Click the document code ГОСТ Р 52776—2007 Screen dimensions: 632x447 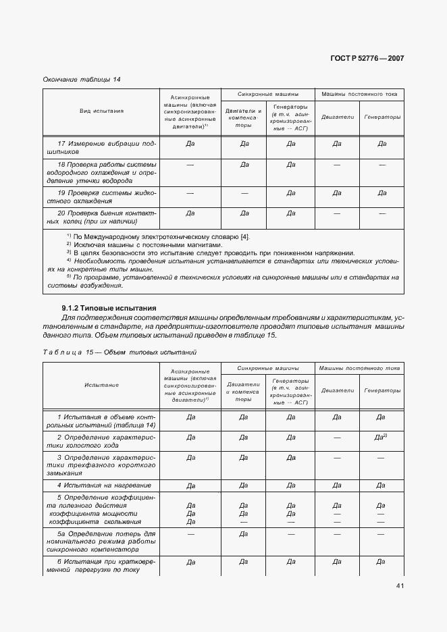tap(367, 58)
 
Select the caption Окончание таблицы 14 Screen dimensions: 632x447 tap(81, 80)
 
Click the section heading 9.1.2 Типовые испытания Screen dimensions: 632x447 tap(109, 308)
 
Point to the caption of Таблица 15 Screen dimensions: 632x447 tap(120, 352)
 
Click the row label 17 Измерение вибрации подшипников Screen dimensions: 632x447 tap(101, 147)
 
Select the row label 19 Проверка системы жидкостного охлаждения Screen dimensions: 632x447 tap(101, 196)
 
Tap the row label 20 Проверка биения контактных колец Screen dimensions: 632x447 tap(101, 217)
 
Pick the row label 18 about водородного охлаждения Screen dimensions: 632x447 tap(101, 172)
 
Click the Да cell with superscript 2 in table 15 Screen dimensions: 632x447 tap(380, 438)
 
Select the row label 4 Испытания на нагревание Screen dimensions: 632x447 tap(103, 485)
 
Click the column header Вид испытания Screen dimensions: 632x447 tap(101, 111)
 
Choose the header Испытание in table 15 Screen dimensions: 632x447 tap(101, 385)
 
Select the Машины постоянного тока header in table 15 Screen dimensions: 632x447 tap(359, 367)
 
